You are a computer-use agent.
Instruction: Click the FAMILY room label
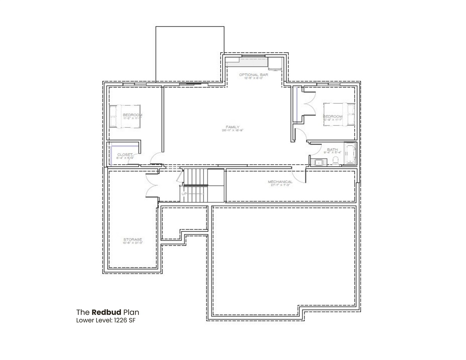coord(233,127)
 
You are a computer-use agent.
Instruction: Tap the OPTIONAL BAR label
coord(254,75)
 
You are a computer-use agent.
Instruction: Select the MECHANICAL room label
coord(280,182)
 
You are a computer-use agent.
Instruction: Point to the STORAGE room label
coord(133,239)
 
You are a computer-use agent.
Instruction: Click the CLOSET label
coord(125,154)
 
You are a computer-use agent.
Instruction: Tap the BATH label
coord(332,149)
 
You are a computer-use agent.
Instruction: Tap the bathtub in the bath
coord(349,154)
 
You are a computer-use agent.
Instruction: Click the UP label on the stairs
coord(184,194)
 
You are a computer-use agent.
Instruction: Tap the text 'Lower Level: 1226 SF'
coord(103,320)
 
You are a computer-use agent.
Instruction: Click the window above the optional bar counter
coord(253,56)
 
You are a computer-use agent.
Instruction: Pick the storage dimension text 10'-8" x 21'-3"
coord(133,243)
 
